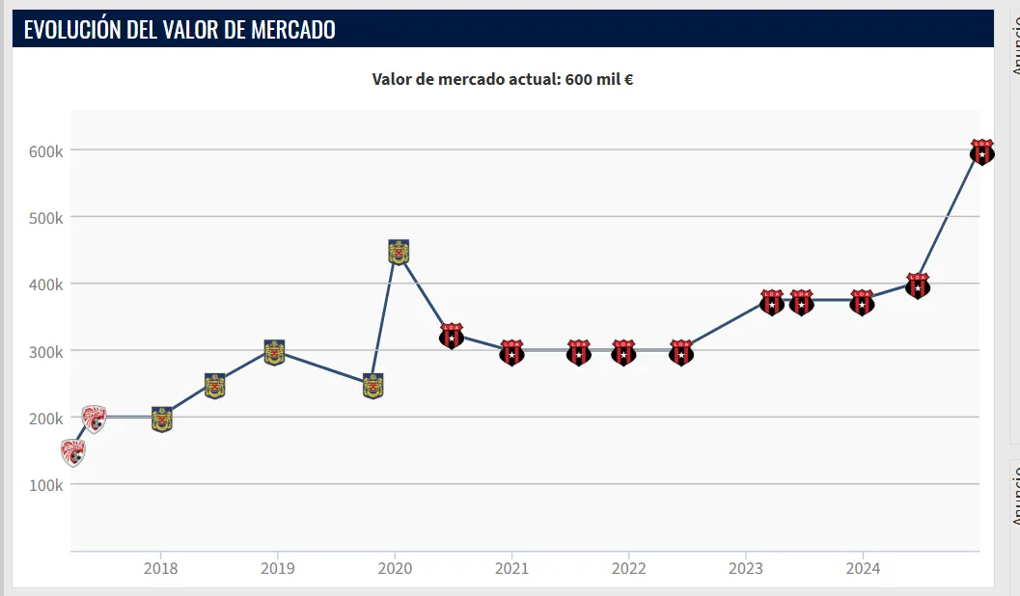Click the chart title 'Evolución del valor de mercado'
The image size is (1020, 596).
(179, 29)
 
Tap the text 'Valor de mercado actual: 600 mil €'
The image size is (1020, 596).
(502, 79)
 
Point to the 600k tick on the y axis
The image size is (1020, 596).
(45, 151)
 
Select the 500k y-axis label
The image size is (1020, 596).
(45, 218)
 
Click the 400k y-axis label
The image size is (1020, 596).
(45, 284)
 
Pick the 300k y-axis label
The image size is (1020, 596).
(45, 352)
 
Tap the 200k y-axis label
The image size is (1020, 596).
(45, 419)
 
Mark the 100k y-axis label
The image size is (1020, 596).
(45, 485)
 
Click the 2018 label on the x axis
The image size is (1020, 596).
(160, 569)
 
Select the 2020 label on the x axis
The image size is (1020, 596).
(395, 569)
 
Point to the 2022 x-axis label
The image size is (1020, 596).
(628, 569)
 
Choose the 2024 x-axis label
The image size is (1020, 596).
(863, 569)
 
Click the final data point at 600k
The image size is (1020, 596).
(981, 151)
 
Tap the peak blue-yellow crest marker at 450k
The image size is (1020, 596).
(399, 252)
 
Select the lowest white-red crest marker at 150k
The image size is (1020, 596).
(73, 451)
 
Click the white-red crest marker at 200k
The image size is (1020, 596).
(94, 419)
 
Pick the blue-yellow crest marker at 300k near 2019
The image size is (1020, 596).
(274, 353)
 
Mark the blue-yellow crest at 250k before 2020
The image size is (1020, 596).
(372, 386)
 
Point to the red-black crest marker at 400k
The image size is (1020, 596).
(918, 285)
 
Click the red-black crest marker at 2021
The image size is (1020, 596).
(511, 352)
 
